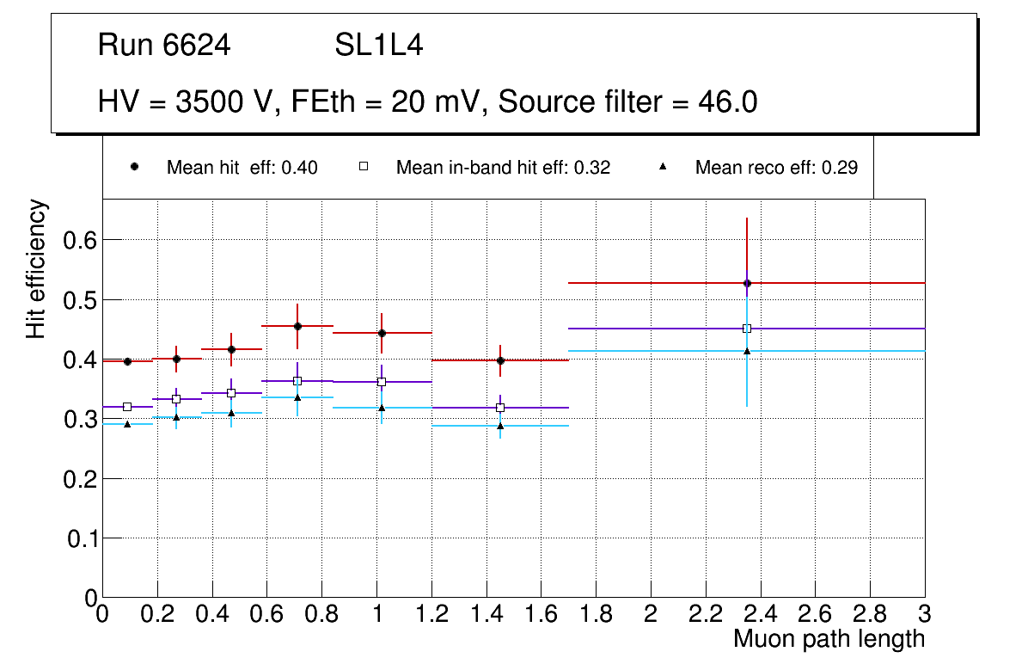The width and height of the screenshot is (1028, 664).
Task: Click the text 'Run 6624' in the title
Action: pyautogui.click(x=164, y=46)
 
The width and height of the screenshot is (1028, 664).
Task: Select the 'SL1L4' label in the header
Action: pyautogui.click(x=379, y=46)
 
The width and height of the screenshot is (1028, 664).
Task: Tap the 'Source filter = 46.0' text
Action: pyautogui.click(x=627, y=102)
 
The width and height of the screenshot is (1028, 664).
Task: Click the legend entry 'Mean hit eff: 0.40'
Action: pyautogui.click(x=242, y=168)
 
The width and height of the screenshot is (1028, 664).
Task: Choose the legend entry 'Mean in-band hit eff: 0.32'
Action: pyautogui.click(x=503, y=168)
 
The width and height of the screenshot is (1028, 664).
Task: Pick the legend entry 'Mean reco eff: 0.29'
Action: pyautogui.click(x=775, y=168)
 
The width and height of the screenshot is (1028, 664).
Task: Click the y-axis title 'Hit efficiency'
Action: pyautogui.click(x=36, y=268)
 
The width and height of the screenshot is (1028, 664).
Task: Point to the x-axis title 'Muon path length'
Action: pyautogui.click(x=829, y=639)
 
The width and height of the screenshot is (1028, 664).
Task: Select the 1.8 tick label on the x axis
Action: pyautogui.click(x=596, y=614)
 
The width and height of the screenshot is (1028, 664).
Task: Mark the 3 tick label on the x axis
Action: pyautogui.click(x=924, y=614)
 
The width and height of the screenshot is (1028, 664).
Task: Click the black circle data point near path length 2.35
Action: pyautogui.click(x=747, y=283)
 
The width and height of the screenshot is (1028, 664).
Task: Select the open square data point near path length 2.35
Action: pyautogui.click(x=747, y=329)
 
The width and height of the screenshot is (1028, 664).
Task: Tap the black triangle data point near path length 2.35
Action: pyautogui.click(x=747, y=350)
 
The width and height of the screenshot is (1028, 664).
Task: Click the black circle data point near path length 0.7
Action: pyautogui.click(x=297, y=326)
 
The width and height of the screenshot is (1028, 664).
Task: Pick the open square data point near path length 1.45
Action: pyautogui.click(x=500, y=408)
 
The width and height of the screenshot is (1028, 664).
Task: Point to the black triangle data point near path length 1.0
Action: pyautogui.click(x=382, y=407)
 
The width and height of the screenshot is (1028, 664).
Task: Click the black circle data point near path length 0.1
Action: pyautogui.click(x=127, y=361)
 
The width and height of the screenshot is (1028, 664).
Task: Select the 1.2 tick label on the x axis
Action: pyautogui.click(x=431, y=614)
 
